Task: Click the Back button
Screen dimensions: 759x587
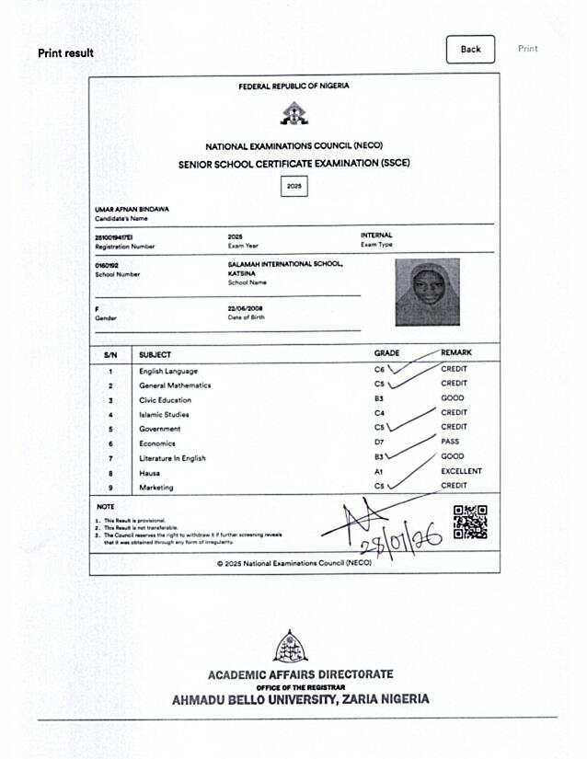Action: (x=470, y=49)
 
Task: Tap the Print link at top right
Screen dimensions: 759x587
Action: (x=527, y=49)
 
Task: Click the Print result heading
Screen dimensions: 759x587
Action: (x=65, y=52)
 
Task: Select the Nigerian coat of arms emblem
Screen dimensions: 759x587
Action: (x=293, y=113)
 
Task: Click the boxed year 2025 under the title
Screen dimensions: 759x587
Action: (x=293, y=187)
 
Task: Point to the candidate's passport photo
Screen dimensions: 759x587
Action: (x=427, y=293)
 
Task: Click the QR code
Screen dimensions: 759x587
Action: (x=470, y=522)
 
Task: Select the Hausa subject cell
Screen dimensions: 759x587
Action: (x=149, y=472)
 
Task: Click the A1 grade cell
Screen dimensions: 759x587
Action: (x=379, y=472)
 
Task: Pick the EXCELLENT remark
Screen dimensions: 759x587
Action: (x=461, y=471)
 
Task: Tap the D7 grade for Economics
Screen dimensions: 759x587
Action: (x=379, y=443)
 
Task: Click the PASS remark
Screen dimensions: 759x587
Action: (x=450, y=442)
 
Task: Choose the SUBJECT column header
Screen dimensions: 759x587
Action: (x=155, y=354)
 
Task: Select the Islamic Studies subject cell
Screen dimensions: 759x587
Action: (x=164, y=414)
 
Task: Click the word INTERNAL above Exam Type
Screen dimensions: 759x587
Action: (x=376, y=236)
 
